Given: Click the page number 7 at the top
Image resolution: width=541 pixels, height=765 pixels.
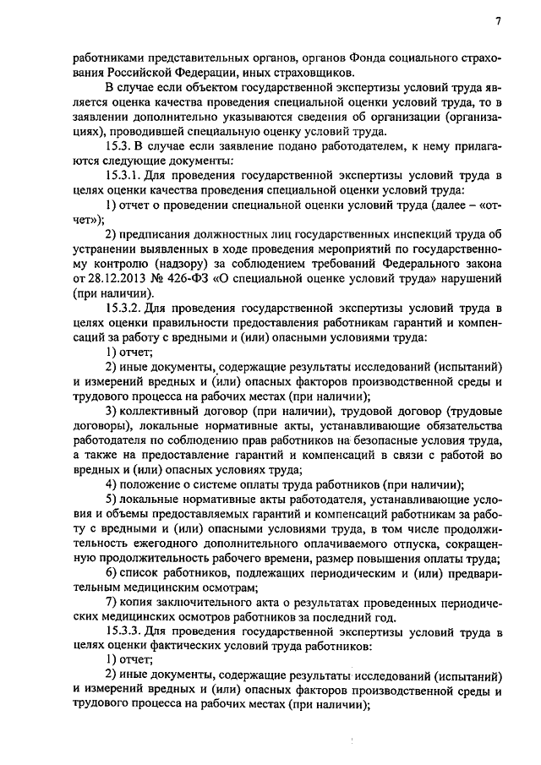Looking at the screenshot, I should point(498,22).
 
